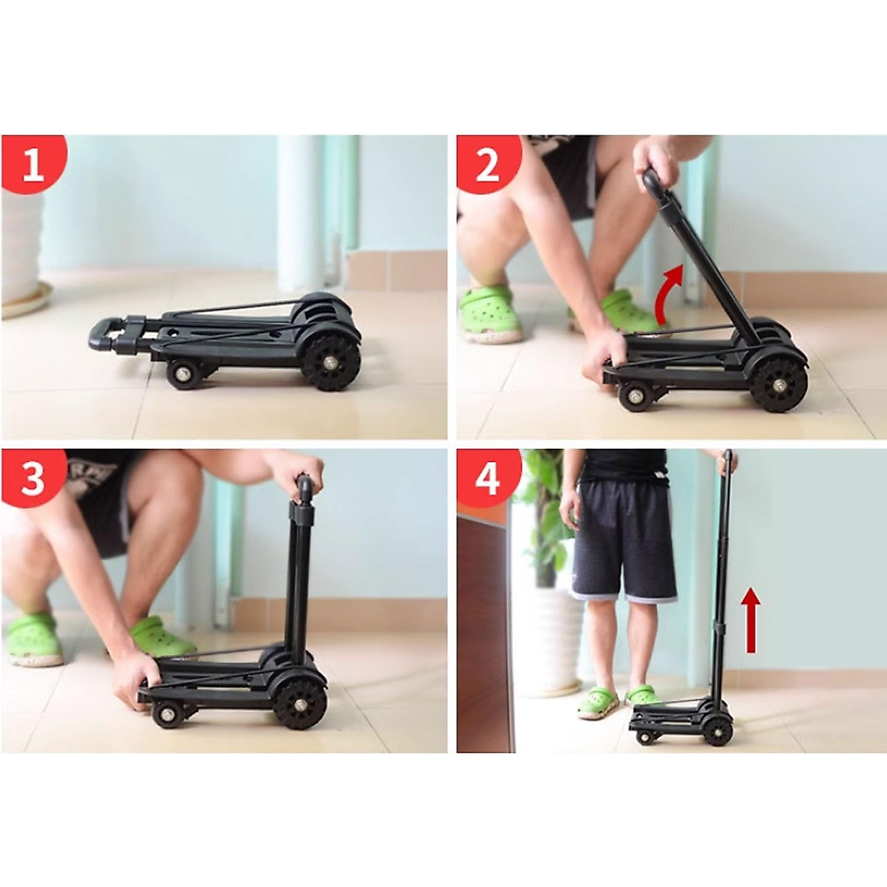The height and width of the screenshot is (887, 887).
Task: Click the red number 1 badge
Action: coord(33,164)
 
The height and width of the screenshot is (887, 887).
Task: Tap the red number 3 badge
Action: coord(33,478)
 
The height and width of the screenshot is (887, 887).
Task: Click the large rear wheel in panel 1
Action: coord(330,362)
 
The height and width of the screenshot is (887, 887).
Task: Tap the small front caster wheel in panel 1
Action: coord(180,374)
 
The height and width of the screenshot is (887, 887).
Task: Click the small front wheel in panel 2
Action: coord(634,396)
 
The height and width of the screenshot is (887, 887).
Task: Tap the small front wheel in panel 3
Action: coord(167,715)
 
